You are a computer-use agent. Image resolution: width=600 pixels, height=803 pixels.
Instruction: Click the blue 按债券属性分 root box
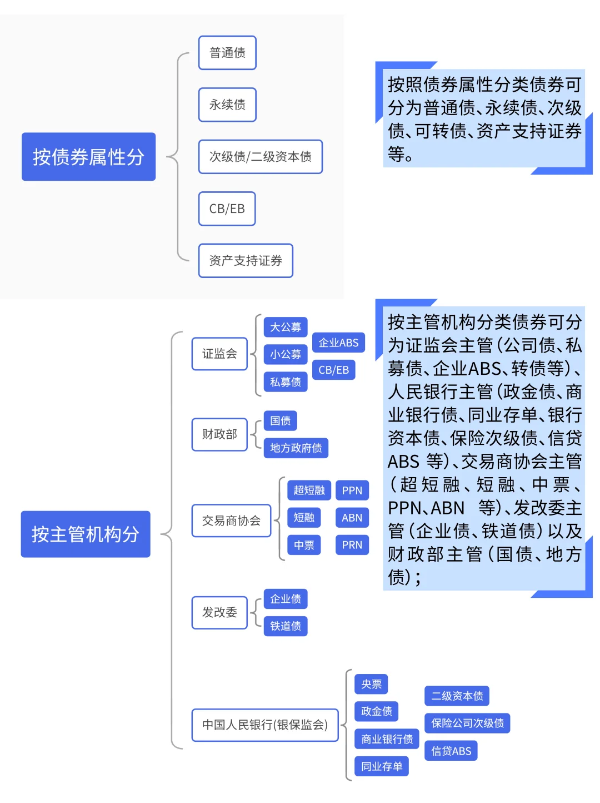click(88, 157)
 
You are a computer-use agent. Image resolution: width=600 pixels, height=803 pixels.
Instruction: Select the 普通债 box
click(227, 53)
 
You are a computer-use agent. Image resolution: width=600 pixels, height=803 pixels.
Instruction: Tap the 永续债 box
click(227, 105)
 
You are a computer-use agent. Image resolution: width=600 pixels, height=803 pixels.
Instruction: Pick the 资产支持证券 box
click(246, 260)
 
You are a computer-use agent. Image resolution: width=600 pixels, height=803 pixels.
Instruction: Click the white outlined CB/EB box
click(227, 209)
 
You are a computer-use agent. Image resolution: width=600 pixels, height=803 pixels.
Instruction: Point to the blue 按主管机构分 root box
click(86, 534)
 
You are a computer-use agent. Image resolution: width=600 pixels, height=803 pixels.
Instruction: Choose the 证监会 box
click(219, 354)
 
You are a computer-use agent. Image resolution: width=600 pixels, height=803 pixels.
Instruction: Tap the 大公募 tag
click(286, 327)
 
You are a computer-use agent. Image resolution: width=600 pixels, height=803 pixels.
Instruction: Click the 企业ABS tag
click(338, 343)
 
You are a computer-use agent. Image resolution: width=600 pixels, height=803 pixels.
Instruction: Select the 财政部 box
click(219, 434)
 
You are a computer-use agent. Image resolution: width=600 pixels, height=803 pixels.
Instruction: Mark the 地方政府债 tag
click(296, 448)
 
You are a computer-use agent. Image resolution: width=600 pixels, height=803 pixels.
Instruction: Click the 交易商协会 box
click(231, 521)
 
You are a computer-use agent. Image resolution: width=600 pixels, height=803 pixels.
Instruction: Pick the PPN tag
click(352, 490)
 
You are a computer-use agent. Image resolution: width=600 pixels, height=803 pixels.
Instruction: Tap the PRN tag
click(352, 545)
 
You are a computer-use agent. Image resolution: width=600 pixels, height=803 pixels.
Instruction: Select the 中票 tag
click(304, 545)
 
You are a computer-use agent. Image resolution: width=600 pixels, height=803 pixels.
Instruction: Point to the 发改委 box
click(219, 612)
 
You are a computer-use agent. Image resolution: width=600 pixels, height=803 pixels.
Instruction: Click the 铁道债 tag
click(286, 626)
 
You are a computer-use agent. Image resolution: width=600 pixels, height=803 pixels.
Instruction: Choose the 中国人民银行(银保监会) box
click(265, 725)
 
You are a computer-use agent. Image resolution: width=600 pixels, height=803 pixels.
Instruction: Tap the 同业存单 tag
click(382, 766)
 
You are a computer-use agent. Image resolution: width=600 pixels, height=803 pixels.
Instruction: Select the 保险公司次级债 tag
click(467, 723)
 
